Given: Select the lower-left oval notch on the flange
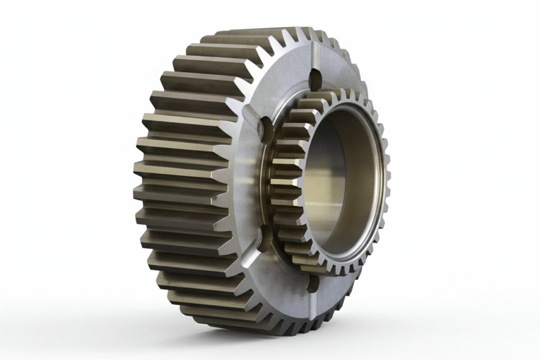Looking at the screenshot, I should tap(265, 237).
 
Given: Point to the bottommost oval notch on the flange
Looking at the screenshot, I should tap(313, 284).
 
